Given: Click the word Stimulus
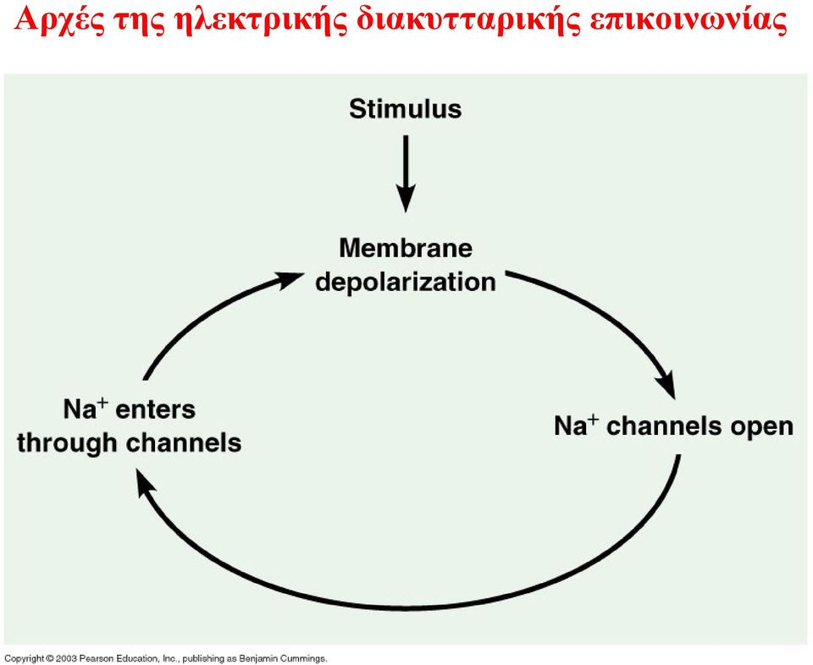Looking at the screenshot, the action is [405, 109].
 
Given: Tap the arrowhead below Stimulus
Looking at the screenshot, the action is [406, 198].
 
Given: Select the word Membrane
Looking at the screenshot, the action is [406, 248].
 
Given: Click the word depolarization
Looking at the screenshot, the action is [406, 283].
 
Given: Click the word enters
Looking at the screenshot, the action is [155, 409].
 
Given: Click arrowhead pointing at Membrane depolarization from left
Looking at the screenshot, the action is [290, 280].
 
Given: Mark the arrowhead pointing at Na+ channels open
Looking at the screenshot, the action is [666, 384].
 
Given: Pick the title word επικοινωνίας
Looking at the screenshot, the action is [688, 20].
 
